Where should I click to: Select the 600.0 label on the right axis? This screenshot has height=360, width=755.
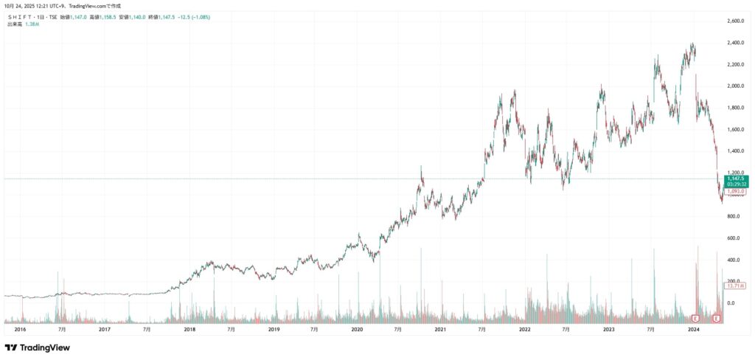coord(734,238)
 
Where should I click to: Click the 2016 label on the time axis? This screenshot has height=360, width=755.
coord(20,330)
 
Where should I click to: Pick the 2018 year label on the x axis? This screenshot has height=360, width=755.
coord(189,330)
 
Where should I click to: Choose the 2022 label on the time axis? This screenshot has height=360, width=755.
coord(525,330)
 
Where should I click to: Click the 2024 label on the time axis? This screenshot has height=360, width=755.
coord(693,330)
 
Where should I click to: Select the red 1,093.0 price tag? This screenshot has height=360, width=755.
coord(737,192)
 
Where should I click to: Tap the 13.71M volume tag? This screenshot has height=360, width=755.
coord(737,285)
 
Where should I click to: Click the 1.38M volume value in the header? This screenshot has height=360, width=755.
coord(32,24)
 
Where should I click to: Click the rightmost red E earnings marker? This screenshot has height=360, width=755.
coord(717,318)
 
